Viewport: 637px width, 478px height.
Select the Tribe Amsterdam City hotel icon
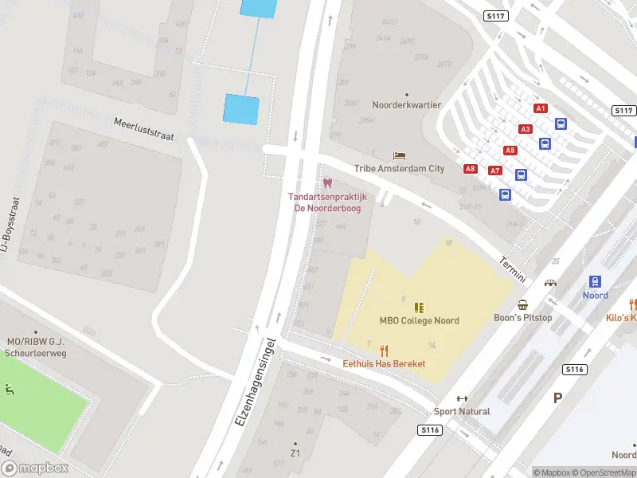[x=399, y=155]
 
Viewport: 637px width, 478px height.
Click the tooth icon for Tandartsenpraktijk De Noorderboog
[x=327, y=184]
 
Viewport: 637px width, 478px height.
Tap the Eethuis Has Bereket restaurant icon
[x=384, y=351]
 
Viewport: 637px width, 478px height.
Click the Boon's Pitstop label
[x=523, y=317]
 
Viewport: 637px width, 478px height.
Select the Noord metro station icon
[x=595, y=281]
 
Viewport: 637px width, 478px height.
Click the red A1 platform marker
[x=541, y=108]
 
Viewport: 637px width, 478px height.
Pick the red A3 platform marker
[x=525, y=129]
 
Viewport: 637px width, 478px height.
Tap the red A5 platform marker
[x=510, y=150]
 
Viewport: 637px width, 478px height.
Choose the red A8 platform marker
[x=471, y=168]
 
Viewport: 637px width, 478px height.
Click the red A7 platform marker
[x=495, y=170]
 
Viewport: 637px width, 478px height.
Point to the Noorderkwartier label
[x=406, y=104]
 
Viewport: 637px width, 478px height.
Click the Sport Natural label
[x=462, y=411]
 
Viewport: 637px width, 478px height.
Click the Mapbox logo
[x=34, y=468]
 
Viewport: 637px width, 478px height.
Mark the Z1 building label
[x=295, y=453]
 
